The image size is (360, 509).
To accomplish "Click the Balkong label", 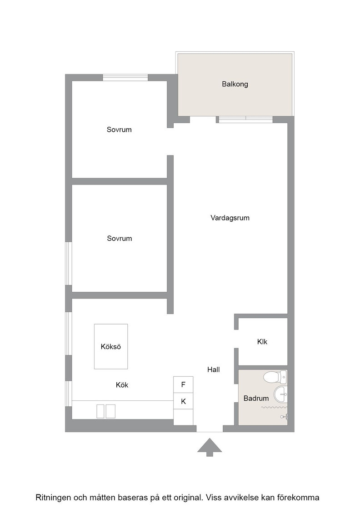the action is click(235, 84).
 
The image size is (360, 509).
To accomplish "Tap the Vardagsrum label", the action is click(230, 218).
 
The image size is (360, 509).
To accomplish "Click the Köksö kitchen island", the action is click(111, 346).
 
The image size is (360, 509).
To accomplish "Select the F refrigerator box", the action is click(183, 384).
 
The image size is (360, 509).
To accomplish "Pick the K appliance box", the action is click(183, 401).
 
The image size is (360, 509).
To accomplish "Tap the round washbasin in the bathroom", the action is click(280, 394).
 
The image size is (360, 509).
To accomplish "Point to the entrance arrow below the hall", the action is click(210, 447).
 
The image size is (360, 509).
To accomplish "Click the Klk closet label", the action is click(262, 341).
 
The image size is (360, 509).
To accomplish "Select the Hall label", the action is click(214, 369).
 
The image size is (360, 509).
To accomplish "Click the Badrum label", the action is click(256, 398).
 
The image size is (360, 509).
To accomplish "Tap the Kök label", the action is click(122, 385).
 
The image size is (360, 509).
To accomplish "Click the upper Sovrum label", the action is click(119, 130).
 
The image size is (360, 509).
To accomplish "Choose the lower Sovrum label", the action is click(120, 238).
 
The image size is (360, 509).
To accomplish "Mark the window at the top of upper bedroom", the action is click(125, 78).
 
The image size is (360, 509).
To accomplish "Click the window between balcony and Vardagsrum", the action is click(246, 120).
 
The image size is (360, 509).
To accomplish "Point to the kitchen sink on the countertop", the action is click(106, 411).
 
